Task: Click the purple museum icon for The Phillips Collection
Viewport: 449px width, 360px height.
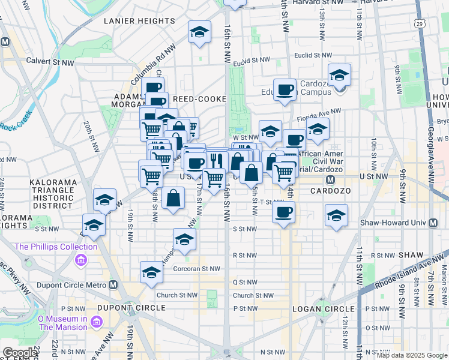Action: click(80, 260)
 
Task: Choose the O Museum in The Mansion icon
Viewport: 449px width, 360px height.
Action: click(95, 323)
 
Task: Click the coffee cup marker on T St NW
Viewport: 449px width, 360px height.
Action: click(284, 212)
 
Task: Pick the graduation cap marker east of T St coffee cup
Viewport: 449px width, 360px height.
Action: click(336, 215)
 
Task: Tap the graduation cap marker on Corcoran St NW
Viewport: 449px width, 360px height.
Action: click(151, 272)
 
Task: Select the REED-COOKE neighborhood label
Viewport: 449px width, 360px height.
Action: click(199, 98)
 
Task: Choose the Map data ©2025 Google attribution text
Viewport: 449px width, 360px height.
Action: click(412, 355)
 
